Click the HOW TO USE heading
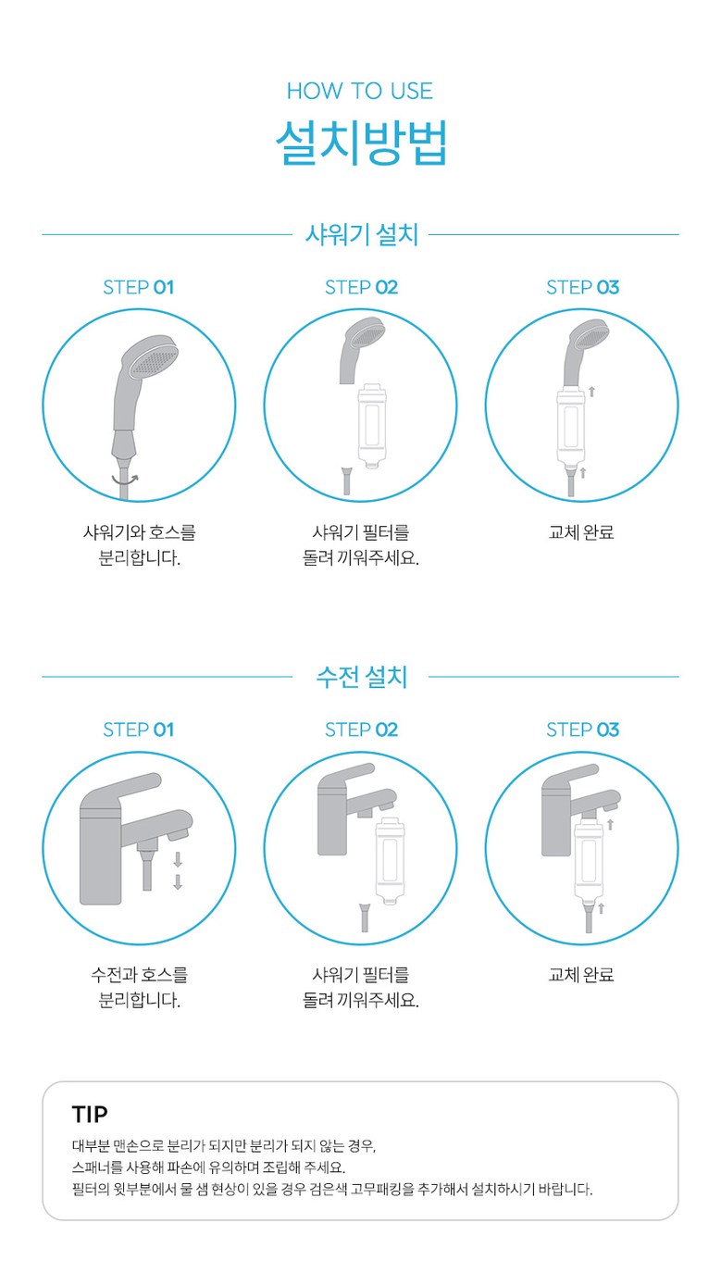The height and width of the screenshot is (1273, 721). (x=360, y=91)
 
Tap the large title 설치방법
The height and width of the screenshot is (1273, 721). (x=361, y=142)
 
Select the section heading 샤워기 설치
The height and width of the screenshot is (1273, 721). (x=361, y=234)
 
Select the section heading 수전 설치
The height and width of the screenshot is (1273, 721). (x=361, y=676)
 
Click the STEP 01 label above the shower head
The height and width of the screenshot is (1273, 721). (x=138, y=288)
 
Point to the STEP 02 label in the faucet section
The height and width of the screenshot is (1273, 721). (x=361, y=730)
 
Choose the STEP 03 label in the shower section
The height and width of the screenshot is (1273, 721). (x=582, y=288)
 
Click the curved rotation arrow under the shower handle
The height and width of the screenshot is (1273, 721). (x=125, y=480)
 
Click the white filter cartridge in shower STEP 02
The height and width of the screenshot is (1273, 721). (x=371, y=425)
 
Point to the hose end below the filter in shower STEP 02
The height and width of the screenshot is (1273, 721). (x=346, y=480)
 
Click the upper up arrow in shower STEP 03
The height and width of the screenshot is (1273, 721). (x=591, y=392)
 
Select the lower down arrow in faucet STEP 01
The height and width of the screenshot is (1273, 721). (x=178, y=882)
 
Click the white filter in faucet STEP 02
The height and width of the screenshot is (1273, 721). (x=390, y=861)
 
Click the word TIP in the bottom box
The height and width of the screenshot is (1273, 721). (x=90, y=1115)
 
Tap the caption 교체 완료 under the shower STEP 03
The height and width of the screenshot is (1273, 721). (x=581, y=532)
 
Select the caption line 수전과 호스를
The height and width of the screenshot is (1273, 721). (x=139, y=975)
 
